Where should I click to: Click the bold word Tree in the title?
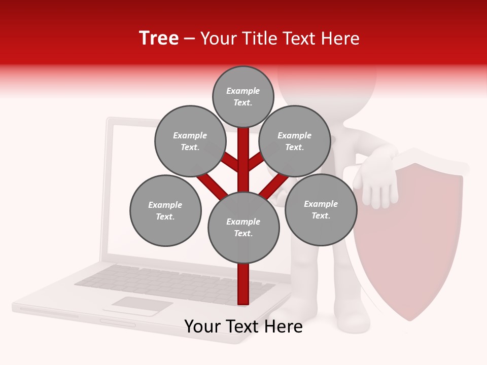(x=159, y=39)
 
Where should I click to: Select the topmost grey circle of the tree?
(x=243, y=96)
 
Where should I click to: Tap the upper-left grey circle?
(x=190, y=141)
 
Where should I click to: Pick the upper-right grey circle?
(x=295, y=141)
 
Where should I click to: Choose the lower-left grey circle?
(x=165, y=210)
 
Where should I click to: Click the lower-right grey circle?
(x=321, y=209)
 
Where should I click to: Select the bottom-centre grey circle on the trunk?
(x=243, y=228)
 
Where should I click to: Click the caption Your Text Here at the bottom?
(x=243, y=326)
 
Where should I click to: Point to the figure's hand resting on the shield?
(x=375, y=177)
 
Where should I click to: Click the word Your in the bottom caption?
(x=202, y=326)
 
